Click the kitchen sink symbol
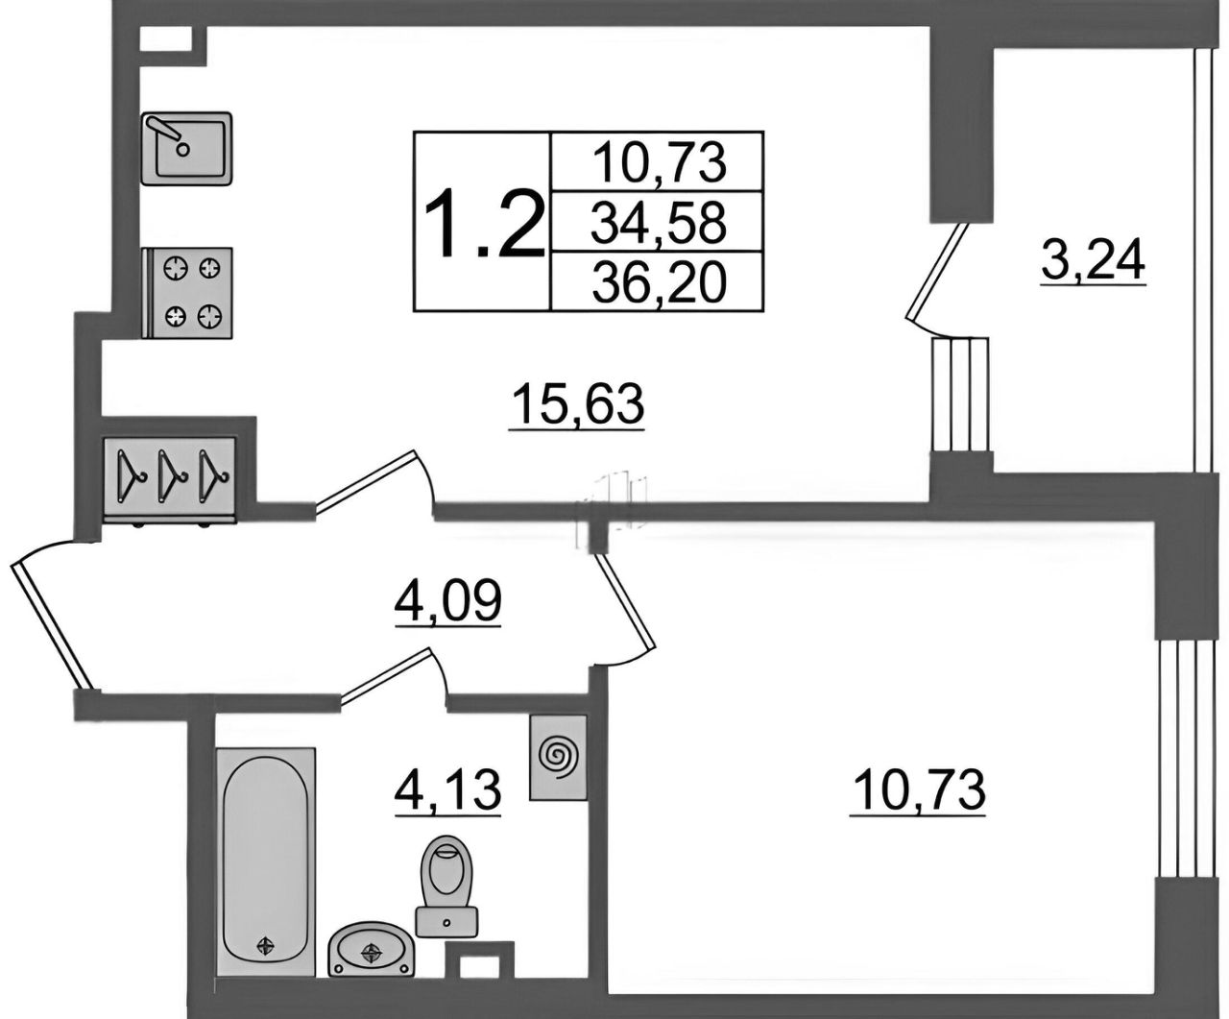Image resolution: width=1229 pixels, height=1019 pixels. (186, 149)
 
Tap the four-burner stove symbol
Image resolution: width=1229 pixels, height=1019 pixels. (187, 293)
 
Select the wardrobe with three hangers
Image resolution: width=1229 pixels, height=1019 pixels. (170, 478)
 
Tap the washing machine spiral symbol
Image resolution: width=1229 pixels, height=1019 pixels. (558, 758)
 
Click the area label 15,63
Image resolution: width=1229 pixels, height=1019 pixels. (577, 404)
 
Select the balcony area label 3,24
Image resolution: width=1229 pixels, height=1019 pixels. (1093, 262)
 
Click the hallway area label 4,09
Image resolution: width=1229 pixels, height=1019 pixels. (448, 601)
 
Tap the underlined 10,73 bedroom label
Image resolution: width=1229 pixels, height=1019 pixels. (918, 791)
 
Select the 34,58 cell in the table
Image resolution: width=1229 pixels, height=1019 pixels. (657, 222)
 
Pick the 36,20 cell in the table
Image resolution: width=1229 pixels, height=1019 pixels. (657, 281)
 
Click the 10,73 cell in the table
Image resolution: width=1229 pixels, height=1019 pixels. (657, 161)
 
